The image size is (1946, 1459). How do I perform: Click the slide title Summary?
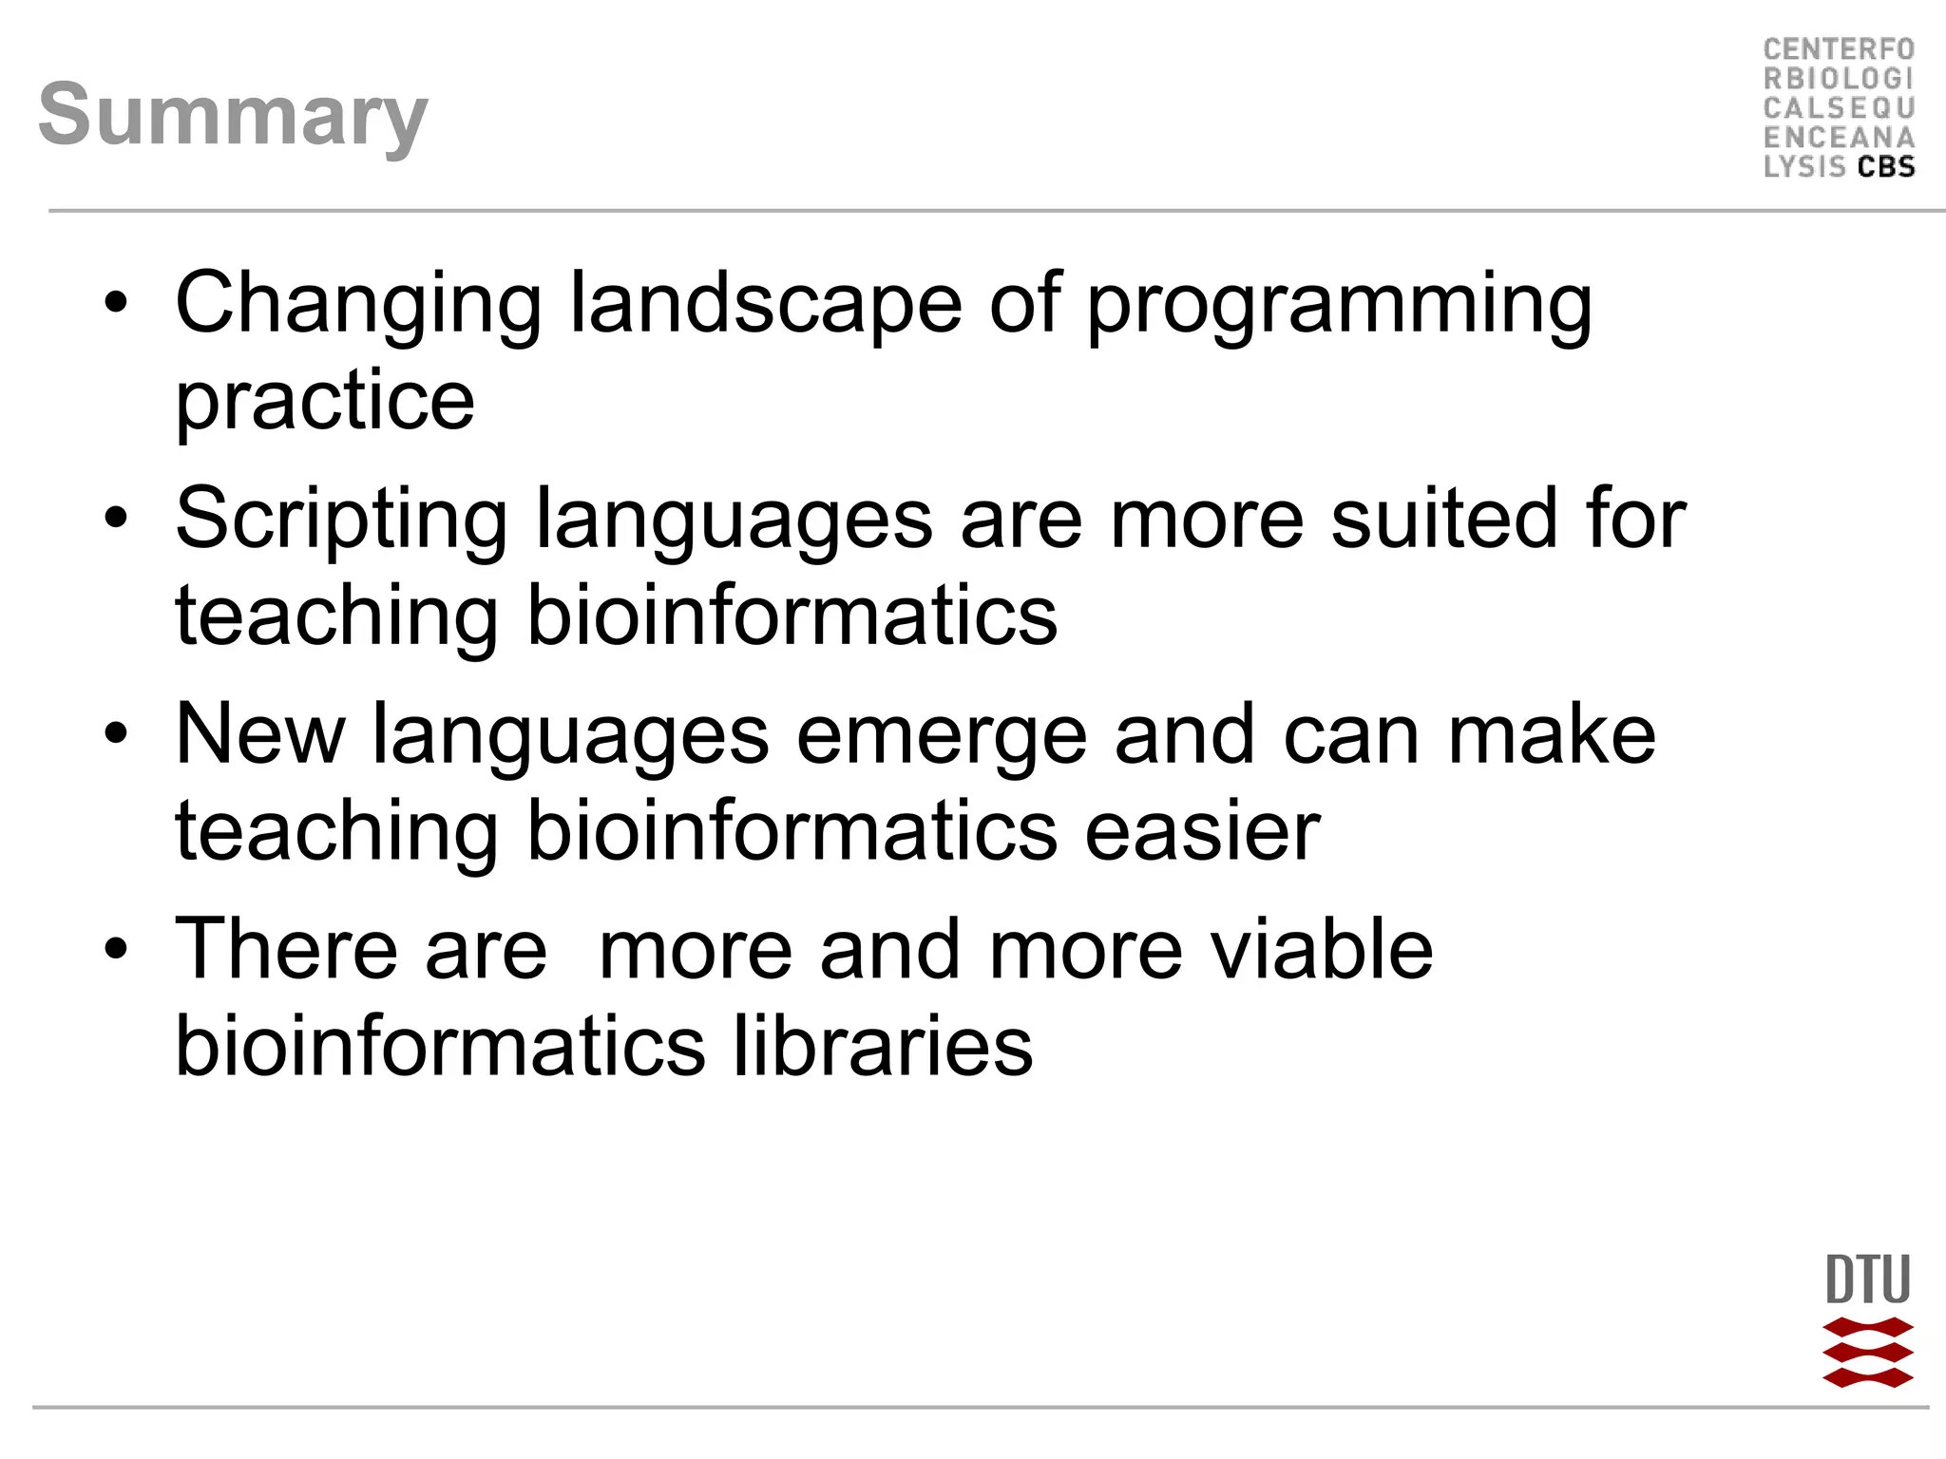point(233,115)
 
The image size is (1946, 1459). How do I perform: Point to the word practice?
point(325,401)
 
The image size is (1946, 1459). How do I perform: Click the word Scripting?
point(341,521)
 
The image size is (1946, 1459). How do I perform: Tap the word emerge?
point(942,736)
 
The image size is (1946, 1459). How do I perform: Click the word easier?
point(1202,831)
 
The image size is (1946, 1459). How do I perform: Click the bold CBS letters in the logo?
point(1886,167)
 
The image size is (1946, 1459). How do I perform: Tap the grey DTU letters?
point(1867,1280)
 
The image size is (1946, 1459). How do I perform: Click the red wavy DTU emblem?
point(1867,1353)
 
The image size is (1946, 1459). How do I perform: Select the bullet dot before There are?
point(116,949)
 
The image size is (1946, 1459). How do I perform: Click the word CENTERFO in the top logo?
point(1839,49)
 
